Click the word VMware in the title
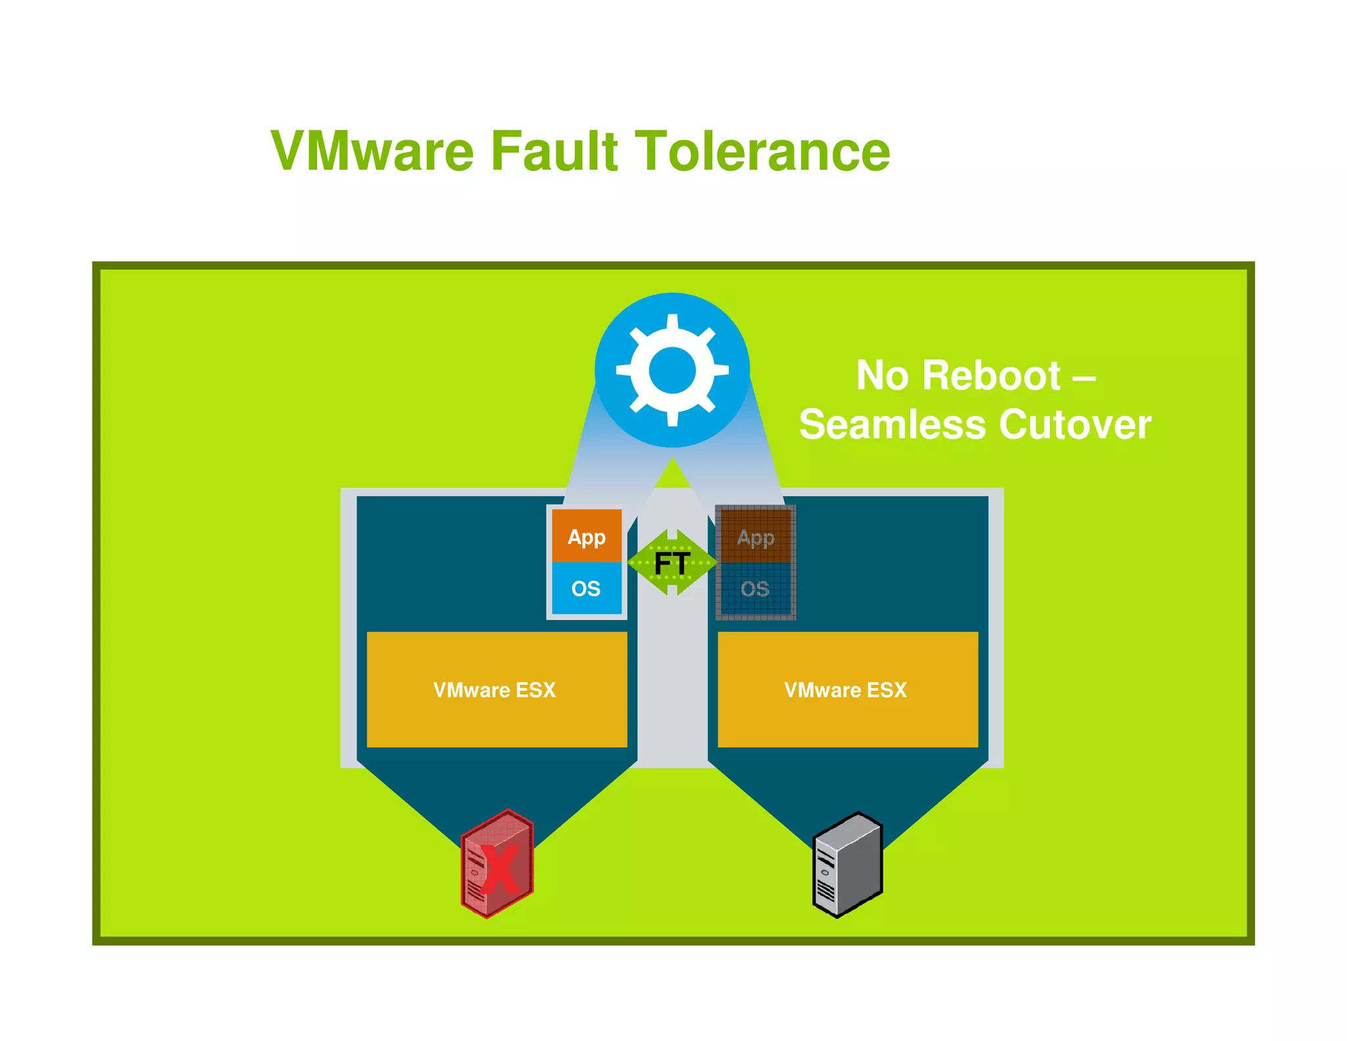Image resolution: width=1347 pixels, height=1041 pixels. click(x=372, y=151)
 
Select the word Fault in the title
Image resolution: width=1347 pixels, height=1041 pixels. click(x=554, y=151)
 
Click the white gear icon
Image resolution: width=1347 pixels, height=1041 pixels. click(x=672, y=370)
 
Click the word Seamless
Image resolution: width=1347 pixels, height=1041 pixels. click(x=893, y=424)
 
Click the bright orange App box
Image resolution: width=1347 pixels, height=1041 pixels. click(x=587, y=536)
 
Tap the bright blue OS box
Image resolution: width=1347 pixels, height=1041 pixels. click(x=586, y=588)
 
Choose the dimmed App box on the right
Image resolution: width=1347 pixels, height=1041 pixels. click(x=756, y=536)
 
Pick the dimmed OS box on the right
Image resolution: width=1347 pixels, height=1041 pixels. click(x=755, y=589)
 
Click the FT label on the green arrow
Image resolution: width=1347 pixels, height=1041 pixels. click(x=672, y=563)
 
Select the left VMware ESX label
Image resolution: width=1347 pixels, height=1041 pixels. click(x=495, y=690)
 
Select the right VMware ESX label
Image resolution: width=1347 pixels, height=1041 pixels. click(x=846, y=690)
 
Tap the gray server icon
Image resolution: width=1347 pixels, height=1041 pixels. click(x=847, y=865)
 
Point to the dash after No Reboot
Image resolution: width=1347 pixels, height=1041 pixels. click(x=1084, y=378)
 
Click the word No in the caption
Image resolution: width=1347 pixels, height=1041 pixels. click(x=881, y=376)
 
